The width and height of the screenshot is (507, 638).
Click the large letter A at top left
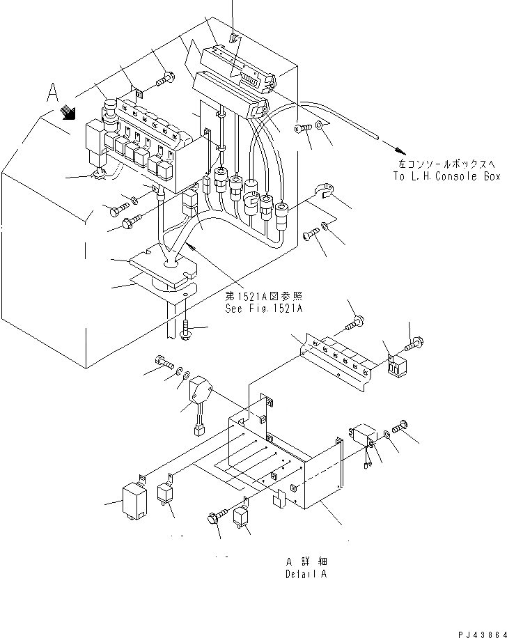point(52,92)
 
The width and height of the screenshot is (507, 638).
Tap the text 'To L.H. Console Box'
point(446,177)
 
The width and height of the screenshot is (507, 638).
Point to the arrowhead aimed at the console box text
point(398,150)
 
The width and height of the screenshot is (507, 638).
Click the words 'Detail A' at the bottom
point(306,575)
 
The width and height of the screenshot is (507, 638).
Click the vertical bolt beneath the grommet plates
point(187,329)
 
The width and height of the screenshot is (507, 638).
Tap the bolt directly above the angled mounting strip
point(354,322)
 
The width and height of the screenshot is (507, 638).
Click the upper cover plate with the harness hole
point(164,265)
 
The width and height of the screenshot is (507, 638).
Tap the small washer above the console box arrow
point(319,126)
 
